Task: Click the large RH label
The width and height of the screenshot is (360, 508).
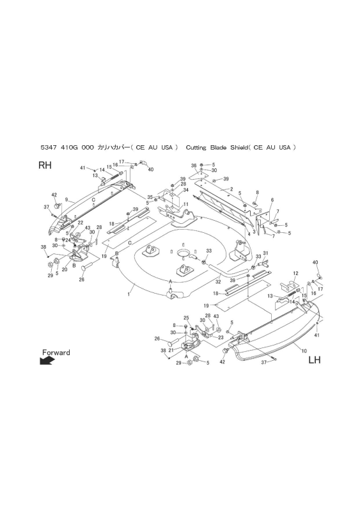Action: click(45, 165)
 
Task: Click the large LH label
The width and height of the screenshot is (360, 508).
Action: click(315, 360)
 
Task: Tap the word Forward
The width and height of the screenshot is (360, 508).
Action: click(56, 353)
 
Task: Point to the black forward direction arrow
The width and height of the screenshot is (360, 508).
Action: click(46, 361)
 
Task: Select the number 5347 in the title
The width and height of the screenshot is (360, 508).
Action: click(48, 148)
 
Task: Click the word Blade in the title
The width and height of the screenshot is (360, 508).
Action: click(218, 148)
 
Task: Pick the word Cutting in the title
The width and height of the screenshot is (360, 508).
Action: click(196, 148)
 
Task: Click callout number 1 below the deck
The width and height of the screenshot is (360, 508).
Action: click(129, 294)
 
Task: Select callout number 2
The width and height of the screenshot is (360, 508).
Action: click(232, 189)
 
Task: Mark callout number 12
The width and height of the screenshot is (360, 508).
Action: click(295, 274)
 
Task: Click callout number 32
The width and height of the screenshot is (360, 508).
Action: click(218, 282)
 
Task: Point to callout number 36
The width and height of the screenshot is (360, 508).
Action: click(194, 166)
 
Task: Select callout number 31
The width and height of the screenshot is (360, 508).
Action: click(265, 253)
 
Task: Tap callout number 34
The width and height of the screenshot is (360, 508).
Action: click(185, 190)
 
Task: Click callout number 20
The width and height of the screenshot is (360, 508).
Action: click(65, 269)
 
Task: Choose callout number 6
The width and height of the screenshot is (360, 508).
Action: click(272, 200)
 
